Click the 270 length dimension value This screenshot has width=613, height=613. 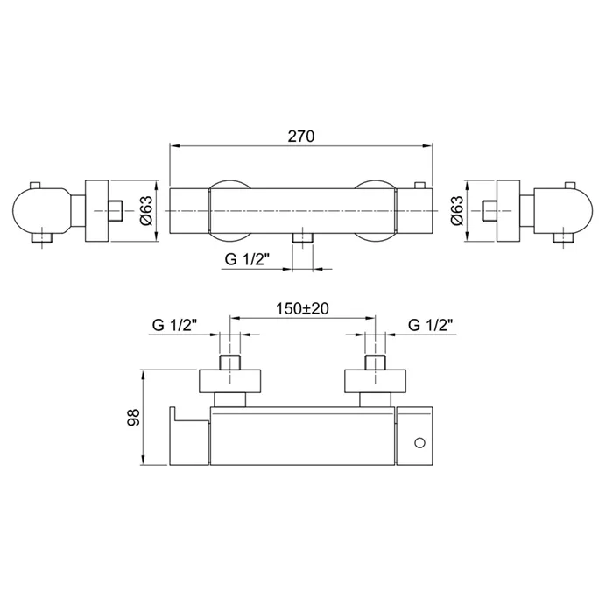(301, 137)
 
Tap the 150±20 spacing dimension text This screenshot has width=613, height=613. (303, 308)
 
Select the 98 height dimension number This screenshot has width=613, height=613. (134, 417)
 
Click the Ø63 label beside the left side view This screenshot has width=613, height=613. (145, 210)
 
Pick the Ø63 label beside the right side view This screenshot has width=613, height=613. (456, 210)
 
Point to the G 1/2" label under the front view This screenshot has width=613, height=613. (247, 259)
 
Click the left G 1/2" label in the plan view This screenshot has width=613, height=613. (174, 325)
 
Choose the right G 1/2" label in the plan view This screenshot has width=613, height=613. (431, 325)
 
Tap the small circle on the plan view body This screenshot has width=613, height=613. (419, 443)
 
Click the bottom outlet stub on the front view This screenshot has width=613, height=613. (303, 238)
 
